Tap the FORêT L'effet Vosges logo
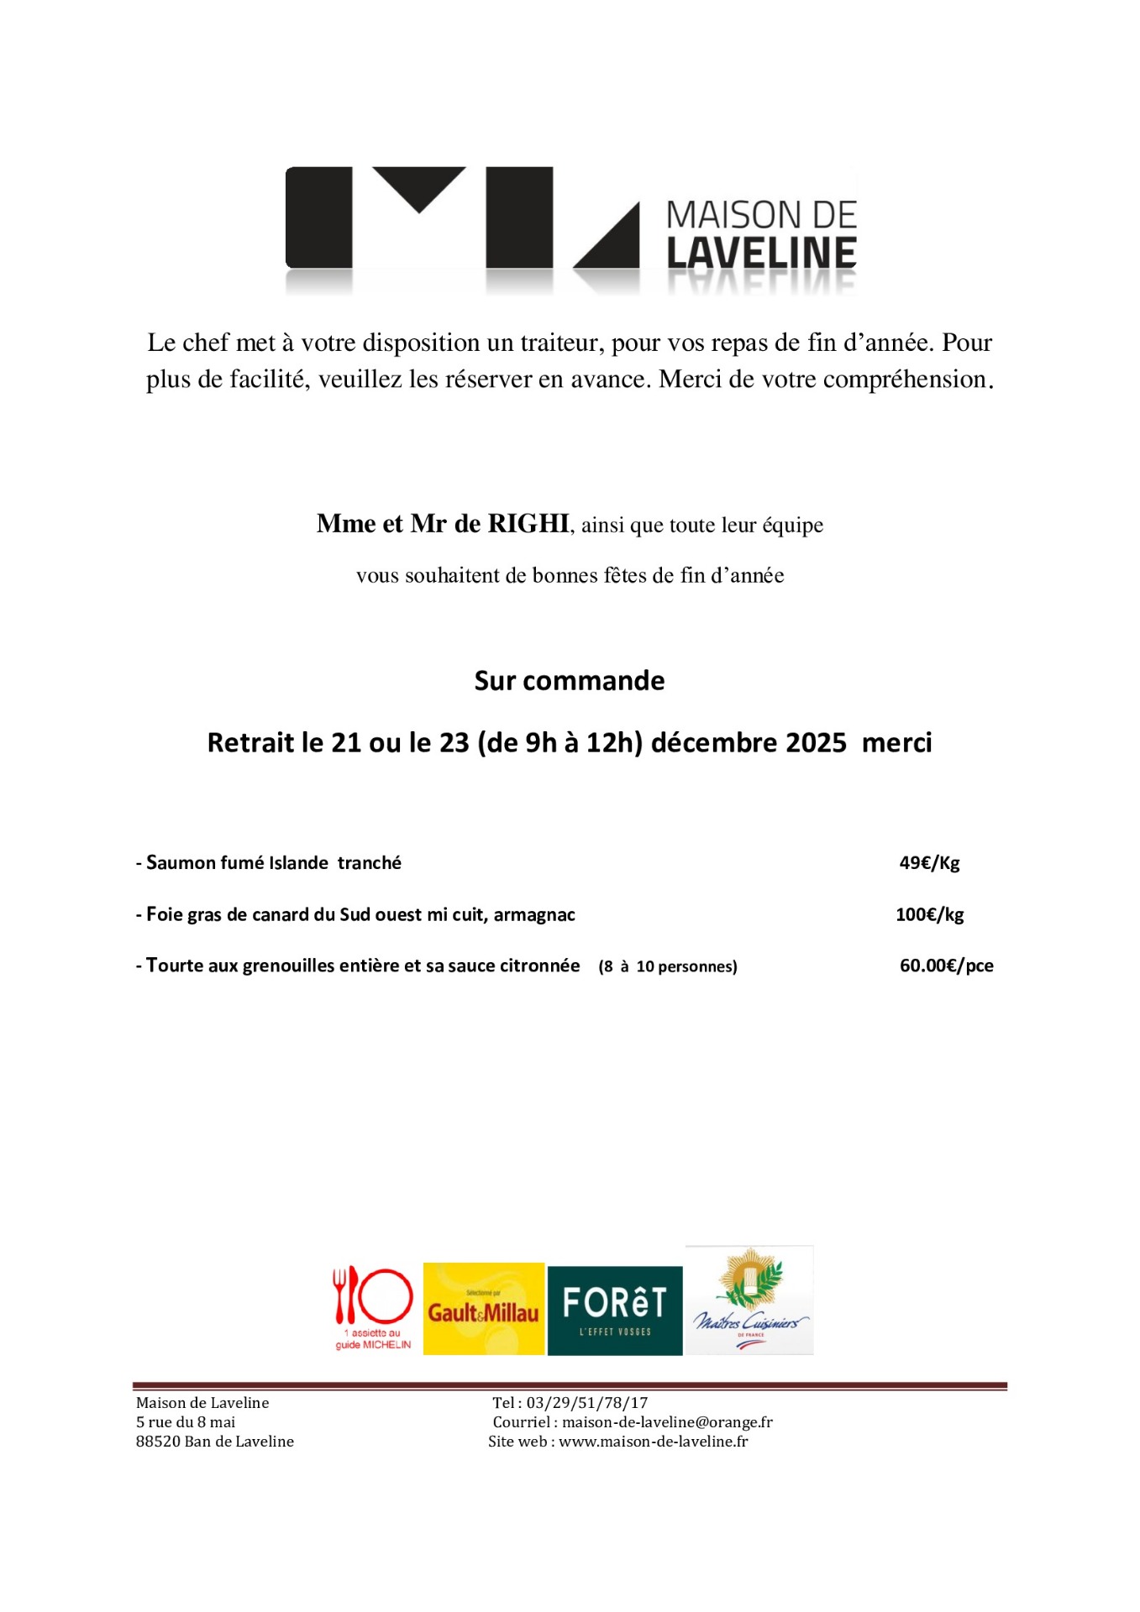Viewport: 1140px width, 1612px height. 614,1310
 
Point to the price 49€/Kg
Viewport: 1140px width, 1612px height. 929,863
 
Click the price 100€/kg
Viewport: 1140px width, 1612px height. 929,914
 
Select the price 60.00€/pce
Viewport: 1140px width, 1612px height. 946,966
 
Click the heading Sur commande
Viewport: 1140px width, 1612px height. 569,680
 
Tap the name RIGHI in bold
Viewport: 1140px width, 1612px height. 528,524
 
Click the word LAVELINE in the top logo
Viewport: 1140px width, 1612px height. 761,254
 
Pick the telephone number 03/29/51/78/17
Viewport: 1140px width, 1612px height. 587,1403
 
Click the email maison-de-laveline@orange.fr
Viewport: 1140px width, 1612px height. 667,1422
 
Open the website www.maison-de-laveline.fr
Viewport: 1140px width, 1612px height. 653,1442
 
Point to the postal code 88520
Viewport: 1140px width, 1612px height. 158,1442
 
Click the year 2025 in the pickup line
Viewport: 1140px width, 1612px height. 816,743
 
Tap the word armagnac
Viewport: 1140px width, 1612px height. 534,915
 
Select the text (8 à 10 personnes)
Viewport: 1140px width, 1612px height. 668,966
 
